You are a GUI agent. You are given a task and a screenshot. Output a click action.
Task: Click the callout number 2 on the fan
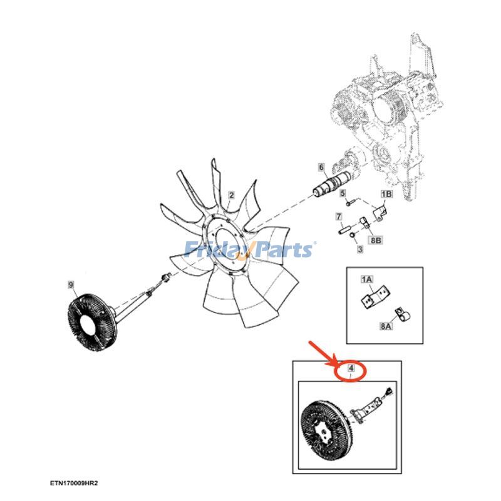click(x=230, y=195)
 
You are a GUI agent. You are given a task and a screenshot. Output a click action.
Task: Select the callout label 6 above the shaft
click(x=321, y=167)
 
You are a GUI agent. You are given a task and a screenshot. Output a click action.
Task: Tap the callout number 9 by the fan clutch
click(x=71, y=286)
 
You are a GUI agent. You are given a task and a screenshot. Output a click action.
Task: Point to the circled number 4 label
click(x=351, y=370)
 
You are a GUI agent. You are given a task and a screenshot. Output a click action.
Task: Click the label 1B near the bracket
click(x=386, y=194)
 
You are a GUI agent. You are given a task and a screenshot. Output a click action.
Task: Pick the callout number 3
click(x=360, y=249)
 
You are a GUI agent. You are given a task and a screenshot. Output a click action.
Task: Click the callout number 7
click(x=338, y=217)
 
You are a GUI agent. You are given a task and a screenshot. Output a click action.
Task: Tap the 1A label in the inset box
click(x=366, y=279)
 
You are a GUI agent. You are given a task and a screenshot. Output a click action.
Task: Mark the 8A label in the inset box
click(x=386, y=326)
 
